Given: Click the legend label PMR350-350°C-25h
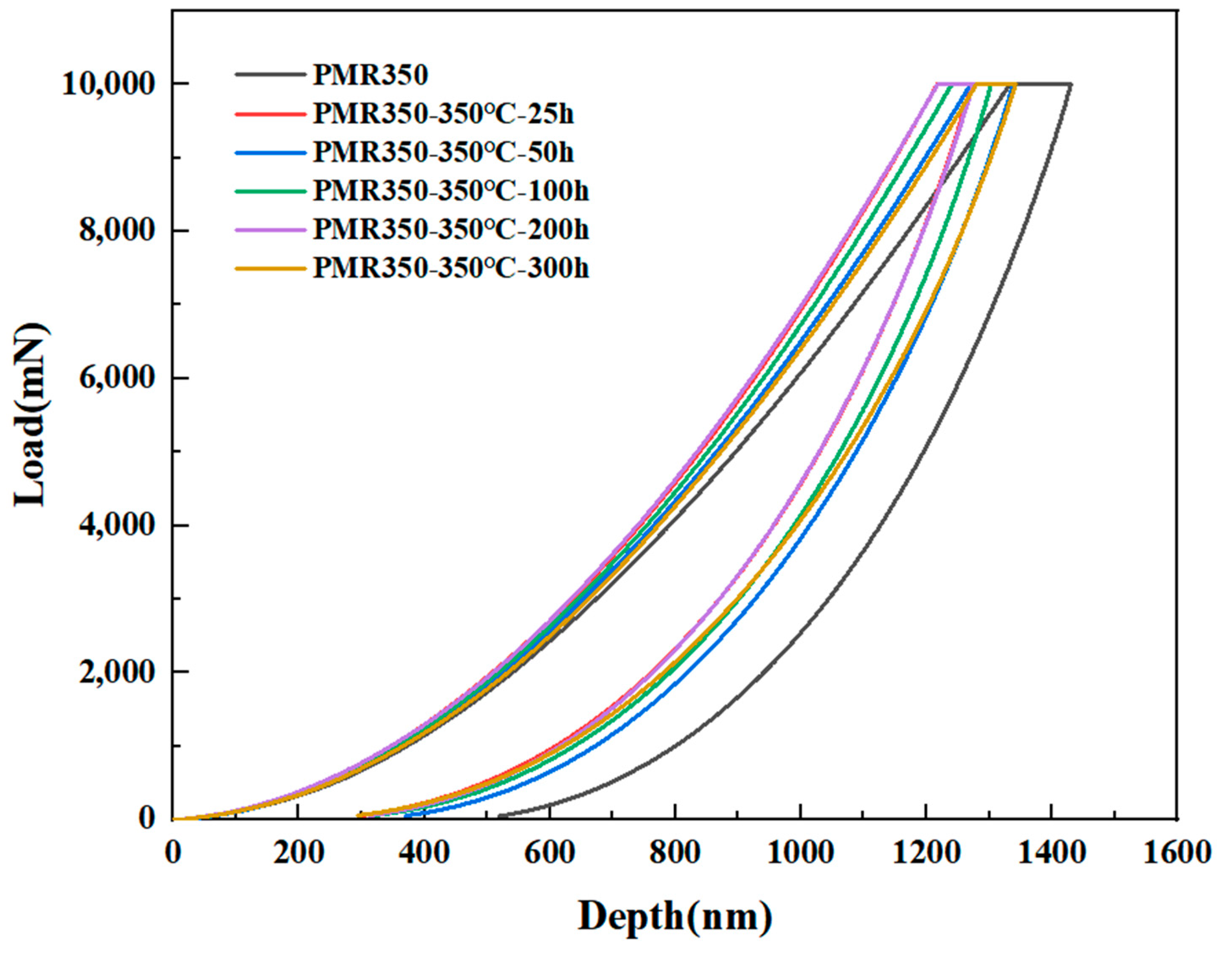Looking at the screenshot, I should click(443, 114).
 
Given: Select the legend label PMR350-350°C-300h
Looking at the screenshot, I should click(450, 268).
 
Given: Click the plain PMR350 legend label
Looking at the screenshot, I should click(370, 76).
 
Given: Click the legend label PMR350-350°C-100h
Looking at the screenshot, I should click(450, 191).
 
